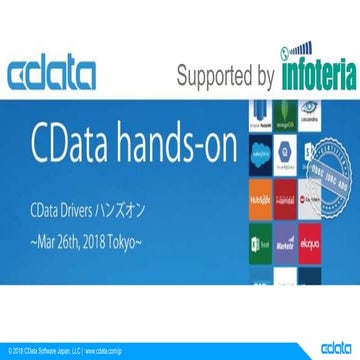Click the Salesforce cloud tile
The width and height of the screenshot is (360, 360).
coord(258,155)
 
